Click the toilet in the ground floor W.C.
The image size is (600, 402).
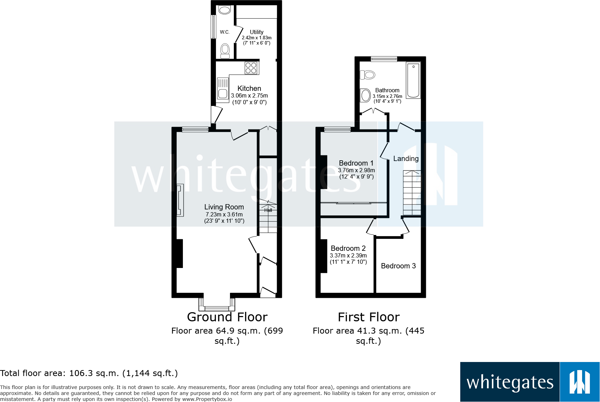(x=225, y=51)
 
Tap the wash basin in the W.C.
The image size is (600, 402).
(x=225, y=10)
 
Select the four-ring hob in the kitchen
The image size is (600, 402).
(x=251, y=68)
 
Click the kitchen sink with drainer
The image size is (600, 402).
(x=223, y=88)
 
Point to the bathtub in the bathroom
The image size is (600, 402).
(x=413, y=80)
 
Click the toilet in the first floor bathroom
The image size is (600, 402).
(x=368, y=75)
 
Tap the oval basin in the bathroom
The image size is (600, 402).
(x=365, y=95)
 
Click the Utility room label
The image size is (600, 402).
(x=257, y=32)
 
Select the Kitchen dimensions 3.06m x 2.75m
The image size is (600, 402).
(x=249, y=95)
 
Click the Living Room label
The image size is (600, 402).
(x=224, y=207)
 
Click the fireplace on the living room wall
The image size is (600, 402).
(x=180, y=200)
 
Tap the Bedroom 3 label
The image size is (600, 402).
(x=398, y=266)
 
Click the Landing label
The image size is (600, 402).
(x=406, y=159)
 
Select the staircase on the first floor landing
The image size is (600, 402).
(x=412, y=193)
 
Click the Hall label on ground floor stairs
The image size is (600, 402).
(x=268, y=210)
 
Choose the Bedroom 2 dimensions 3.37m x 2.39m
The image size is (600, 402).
(x=348, y=255)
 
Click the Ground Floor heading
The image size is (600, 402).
(x=227, y=317)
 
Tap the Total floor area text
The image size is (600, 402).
(x=89, y=373)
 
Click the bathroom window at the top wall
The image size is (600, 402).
(x=384, y=59)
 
